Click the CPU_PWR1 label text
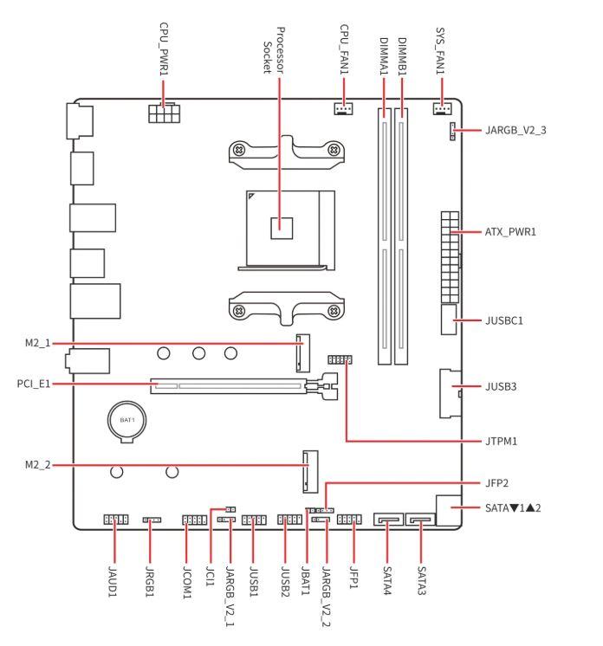(x=164, y=49)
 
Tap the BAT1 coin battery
(x=127, y=421)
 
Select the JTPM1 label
(x=501, y=442)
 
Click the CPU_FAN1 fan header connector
(x=343, y=108)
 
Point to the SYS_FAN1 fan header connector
(x=442, y=108)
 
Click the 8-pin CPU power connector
(x=164, y=113)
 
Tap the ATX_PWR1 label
(x=510, y=232)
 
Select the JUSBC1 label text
(x=503, y=320)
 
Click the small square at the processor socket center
(x=282, y=229)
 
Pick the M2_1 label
(x=37, y=343)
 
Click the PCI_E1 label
(x=34, y=384)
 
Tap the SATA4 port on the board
(x=388, y=519)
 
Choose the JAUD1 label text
(x=112, y=581)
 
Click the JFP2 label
(x=496, y=483)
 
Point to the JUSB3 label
(x=501, y=386)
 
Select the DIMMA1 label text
(x=384, y=56)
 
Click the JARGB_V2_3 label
(x=515, y=130)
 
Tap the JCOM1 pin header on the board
(x=195, y=520)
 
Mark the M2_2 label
(x=37, y=465)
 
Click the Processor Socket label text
(x=274, y=51)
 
